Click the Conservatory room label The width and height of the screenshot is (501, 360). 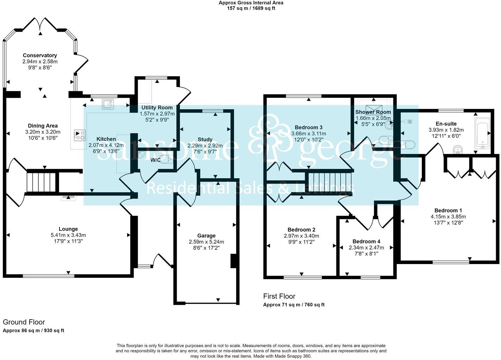coord(40,55)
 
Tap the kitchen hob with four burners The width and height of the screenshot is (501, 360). coord(80,135)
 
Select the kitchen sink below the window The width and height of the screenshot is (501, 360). coord(108,104)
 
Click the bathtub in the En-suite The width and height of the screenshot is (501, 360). coord(482,133)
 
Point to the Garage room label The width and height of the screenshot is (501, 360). coord(206,236)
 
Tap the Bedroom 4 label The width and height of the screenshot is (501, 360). coord(366,241)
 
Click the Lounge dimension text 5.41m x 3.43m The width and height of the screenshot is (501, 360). coord(68,235)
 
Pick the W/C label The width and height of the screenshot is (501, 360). coord(156,160)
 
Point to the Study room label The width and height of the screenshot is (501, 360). coord(205,140)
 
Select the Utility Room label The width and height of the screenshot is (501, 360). coord(157,108)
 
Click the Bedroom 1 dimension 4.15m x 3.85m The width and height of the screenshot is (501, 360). coord(448,217)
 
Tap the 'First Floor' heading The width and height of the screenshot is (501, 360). coord(279,296)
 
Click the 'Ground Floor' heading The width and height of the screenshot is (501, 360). coord(24,322)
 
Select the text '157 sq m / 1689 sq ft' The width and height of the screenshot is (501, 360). coord(251,8)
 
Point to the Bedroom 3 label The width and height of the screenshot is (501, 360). coord(309,127)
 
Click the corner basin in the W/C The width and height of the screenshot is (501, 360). coord(141,155)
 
